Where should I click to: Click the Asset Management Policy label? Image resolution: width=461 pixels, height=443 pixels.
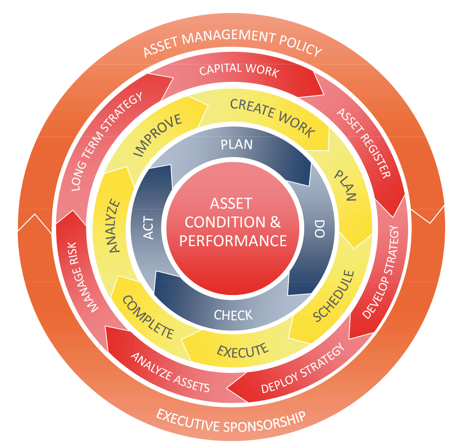[x=233, y=43]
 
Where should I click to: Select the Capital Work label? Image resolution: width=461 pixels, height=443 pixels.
[x=239, y=70]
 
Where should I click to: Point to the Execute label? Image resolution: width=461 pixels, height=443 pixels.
[x=243, y=350]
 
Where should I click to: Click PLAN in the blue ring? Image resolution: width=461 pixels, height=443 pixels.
[x=236, y=145]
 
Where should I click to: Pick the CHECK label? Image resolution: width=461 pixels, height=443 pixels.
[x=233, y=315]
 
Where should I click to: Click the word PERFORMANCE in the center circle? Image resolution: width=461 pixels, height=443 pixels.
[x=233, y=240]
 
